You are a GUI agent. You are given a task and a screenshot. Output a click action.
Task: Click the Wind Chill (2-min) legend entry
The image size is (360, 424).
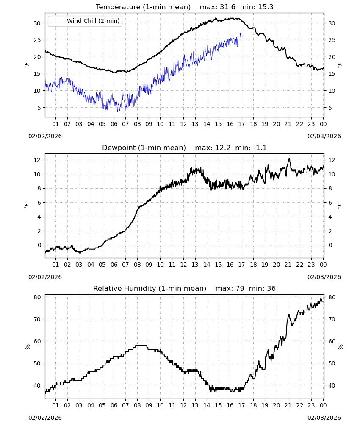[x=85, y=21]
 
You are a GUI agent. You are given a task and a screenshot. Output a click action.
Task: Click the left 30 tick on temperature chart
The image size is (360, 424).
[x=37, y=23]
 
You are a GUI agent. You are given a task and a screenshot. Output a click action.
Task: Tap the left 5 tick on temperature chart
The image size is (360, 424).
[x=39, y=108]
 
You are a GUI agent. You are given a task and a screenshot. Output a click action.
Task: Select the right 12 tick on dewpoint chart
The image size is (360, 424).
[x=332, y=160]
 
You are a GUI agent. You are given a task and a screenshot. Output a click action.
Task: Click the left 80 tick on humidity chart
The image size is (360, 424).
[x=37, y=297]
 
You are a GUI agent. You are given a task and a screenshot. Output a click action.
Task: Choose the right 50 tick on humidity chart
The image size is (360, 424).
[x=332, y=363]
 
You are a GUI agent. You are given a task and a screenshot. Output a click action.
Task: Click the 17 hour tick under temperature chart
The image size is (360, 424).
[x=241, y=124]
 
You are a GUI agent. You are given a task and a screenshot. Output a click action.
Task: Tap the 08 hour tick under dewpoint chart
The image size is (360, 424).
[x=137, y=265]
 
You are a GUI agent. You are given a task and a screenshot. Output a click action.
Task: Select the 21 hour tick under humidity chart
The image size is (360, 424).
[x=288, y=405]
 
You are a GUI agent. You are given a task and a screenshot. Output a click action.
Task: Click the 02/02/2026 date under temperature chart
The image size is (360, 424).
[x=45, y=136]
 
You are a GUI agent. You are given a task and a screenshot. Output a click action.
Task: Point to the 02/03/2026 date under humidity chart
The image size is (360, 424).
[x=324, y=418]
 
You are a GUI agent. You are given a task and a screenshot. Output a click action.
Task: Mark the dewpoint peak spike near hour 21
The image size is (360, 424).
[x=289, y=159]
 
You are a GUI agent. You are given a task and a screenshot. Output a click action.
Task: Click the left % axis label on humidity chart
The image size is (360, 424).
[x=27, y=347]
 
